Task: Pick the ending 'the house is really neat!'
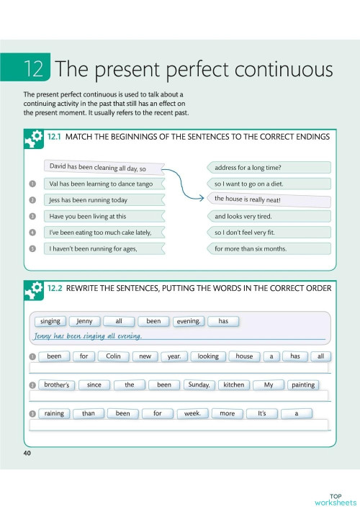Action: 268,199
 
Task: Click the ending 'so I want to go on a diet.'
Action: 268,184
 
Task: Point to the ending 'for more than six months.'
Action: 268,248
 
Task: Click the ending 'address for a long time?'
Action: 268,167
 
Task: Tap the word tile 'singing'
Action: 50,321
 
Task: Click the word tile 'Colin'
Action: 112,356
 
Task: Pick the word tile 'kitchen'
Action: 234,384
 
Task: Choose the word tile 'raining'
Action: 54,413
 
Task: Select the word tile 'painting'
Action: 303,384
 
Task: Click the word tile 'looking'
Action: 208,356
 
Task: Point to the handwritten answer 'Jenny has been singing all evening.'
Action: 88,335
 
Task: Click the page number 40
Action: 27,453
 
